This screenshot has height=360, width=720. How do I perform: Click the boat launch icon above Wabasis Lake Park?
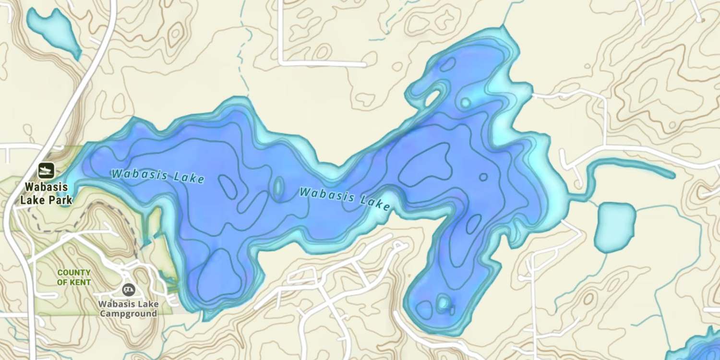(x=47, y=169)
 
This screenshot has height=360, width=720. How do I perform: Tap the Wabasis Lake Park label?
(x=47, y=193)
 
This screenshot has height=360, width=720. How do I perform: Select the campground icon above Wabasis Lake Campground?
(x=128, y=289)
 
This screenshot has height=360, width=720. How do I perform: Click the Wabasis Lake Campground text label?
(x=128, y=309)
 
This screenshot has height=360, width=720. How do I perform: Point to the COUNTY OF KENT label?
(x=74, y=277)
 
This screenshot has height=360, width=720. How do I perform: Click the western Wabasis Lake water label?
(x=158, y=176)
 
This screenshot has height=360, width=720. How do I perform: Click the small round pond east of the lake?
(x=615, y=227)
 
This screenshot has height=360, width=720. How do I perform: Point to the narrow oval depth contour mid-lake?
(x=278, y=187)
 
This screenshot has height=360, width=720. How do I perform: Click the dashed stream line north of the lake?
(x=246, y=58)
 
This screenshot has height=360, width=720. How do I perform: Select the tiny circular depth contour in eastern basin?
(x=483, y=177)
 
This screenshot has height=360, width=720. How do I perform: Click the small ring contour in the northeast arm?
(x=465, y=102)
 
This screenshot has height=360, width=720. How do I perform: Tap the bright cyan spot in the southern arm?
(x=443, y=303)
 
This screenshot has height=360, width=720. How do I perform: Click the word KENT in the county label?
(x=81, y=282)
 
